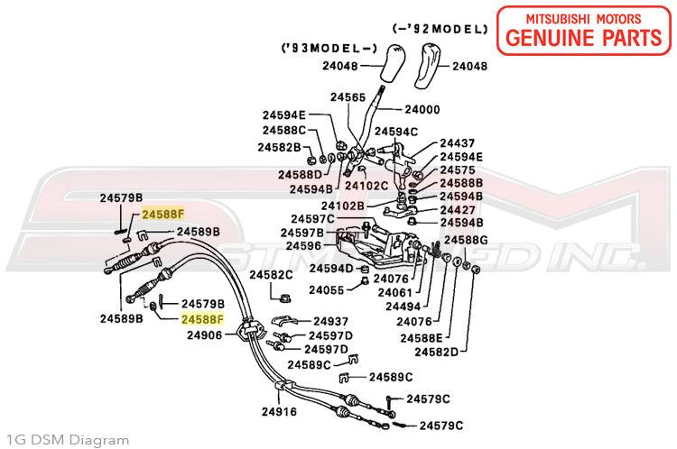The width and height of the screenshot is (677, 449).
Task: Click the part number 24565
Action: tap(348, 97)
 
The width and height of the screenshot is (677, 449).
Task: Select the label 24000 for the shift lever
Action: tap(422, 110)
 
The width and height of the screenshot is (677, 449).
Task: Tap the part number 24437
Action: tap(458, 142)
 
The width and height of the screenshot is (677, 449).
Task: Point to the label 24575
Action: tap(458, 170)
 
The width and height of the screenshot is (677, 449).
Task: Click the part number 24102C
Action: tap(366, 186)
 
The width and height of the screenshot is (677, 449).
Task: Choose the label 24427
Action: tap(458, 210)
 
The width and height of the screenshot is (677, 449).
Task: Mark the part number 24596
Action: tap(303, 246)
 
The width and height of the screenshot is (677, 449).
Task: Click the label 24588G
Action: tap(466, 240)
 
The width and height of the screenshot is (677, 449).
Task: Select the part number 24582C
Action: tap(271, 275)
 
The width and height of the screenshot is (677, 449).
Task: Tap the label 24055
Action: tap(327, 290)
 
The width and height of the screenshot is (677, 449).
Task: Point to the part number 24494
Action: tap(403, 307)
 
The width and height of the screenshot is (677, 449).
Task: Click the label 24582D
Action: tap(436, 352)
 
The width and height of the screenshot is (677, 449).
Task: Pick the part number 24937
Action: tap(330, 321)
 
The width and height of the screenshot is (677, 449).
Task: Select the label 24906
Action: tap(205, 335)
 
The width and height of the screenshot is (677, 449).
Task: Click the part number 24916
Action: tap(279, 412)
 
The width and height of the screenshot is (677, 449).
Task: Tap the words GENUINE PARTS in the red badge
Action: tap(584, 38)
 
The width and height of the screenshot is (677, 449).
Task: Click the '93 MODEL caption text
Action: tap(329, 48)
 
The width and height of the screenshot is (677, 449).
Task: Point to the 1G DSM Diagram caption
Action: tap(68, 440)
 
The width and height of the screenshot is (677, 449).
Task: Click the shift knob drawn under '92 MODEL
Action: tap(426, 65)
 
